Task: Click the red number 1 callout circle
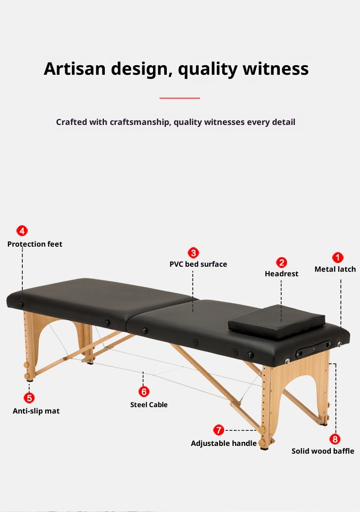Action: (x=337, y=258)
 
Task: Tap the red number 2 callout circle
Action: (x=282, y=263)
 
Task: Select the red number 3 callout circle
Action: (x=193, y=253)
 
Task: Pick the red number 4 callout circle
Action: (x=22, y=231)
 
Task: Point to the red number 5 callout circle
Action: (x=29, y=398)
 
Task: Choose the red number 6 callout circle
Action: (x=144, y=392)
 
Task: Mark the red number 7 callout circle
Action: (x=219, y=430)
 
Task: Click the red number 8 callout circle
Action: (x=335, y=439)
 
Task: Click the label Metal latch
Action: (x=335, y=269)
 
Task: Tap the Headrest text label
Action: (x=282, y=274)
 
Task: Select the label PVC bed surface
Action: (x=198, y=264)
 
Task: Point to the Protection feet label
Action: (x=35, y=244)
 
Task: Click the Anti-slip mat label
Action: (x=36, y=411)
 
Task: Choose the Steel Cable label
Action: (x=149, y=405)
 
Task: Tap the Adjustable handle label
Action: (x=224, y=444)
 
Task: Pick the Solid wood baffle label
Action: (x=323, y=451)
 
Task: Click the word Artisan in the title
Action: (x=73, y=69)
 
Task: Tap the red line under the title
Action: (x=180, y=98)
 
